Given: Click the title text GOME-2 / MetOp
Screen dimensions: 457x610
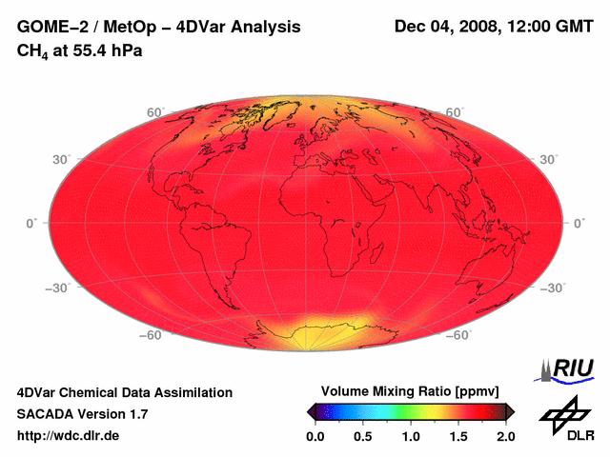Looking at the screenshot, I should coord(84,28).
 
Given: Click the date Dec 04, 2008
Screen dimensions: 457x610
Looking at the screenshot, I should coord(445,27).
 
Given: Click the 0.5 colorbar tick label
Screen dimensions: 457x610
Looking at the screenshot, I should coord(363,436).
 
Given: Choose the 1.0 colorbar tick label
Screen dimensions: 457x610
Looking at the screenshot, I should coord(411,436).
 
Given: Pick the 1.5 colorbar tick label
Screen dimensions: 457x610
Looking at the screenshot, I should coord(458,436).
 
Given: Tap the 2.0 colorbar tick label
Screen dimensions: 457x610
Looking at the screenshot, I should coord(506,436).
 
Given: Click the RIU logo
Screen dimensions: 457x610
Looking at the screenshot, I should coord(570,368).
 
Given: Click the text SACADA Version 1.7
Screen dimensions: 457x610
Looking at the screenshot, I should coord(82,414).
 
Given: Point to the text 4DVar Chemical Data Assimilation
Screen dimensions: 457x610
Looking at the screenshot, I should coord(124,392).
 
